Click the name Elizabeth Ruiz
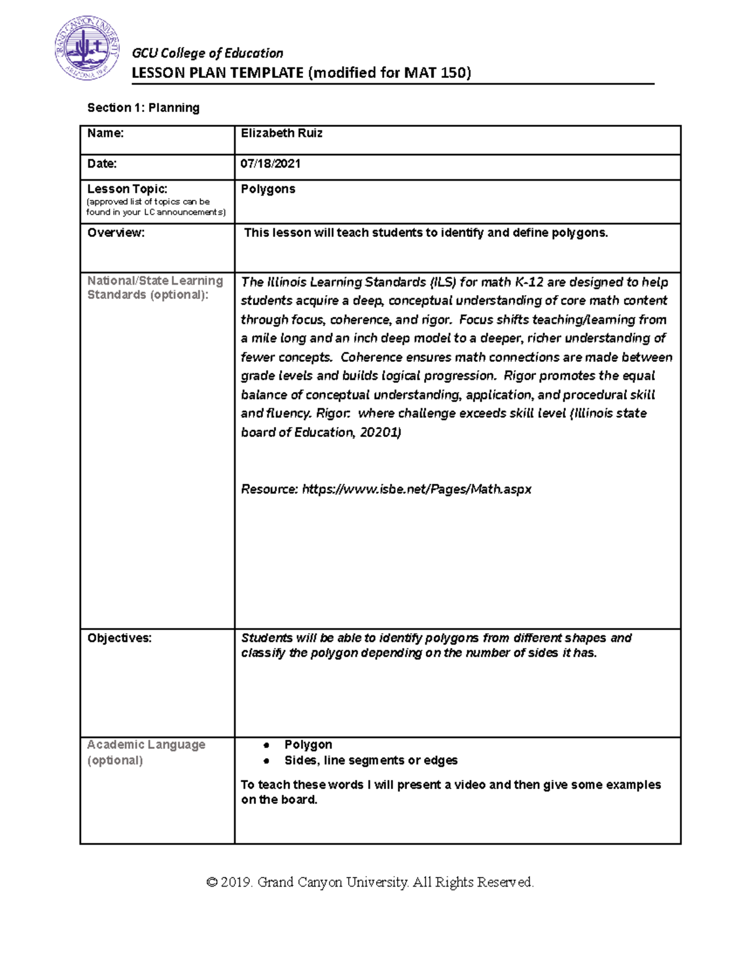pyautogui.click(x=281, y=134)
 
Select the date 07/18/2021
pyautogui.click(x=270, y=164)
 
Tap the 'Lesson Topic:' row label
pyautogui.click(x=127, y=189)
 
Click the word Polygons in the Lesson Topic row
pyautogui.click(x=268, y=189)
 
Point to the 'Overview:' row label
pyautogui.click(x=116, y=233)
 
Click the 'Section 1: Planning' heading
pyautogui.click(x=143, y=108)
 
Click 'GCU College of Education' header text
pyautogui.click(x=207, y=53)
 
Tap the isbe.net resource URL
pyautogui.click(x=416, y=489)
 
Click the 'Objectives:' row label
pyautogui.click(x=119, y=639)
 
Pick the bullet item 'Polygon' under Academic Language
pyautogui.click(x=308, y=744)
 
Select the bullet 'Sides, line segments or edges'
pyautogui.click(x=370, y=761)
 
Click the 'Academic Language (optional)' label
pyautogui.click(x=146, y=752)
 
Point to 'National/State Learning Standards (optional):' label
pyautogui.click(x=155, y=288)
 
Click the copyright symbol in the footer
pyautogui.click(x=212, y=882)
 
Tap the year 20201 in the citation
pyautogui.click(x=380, y=433)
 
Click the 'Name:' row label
pyautogui.click(x=105, y=134)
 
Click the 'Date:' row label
pyautogui.click(x=102, y=164)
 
